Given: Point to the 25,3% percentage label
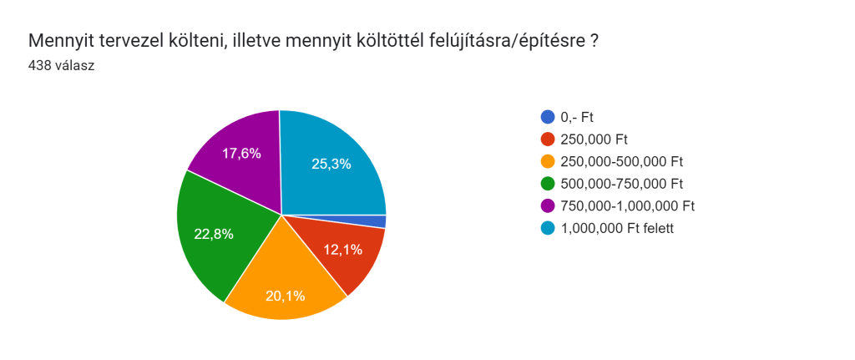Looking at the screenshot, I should click(331, 164).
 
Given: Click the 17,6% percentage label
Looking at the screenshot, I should click(241, 153).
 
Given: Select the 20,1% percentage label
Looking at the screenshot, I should click(285, 295).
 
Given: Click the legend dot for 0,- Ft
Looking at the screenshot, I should click(548, 117).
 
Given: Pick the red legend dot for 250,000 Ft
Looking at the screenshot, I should click(548, 139).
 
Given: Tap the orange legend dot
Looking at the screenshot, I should click(548, 161).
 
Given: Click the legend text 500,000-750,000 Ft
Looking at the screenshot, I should click(622, 184).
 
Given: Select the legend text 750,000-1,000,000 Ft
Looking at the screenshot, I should click(628, 205).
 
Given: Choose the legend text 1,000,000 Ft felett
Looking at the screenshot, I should click(616, 228).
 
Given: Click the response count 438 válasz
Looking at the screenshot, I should click(61, 65).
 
